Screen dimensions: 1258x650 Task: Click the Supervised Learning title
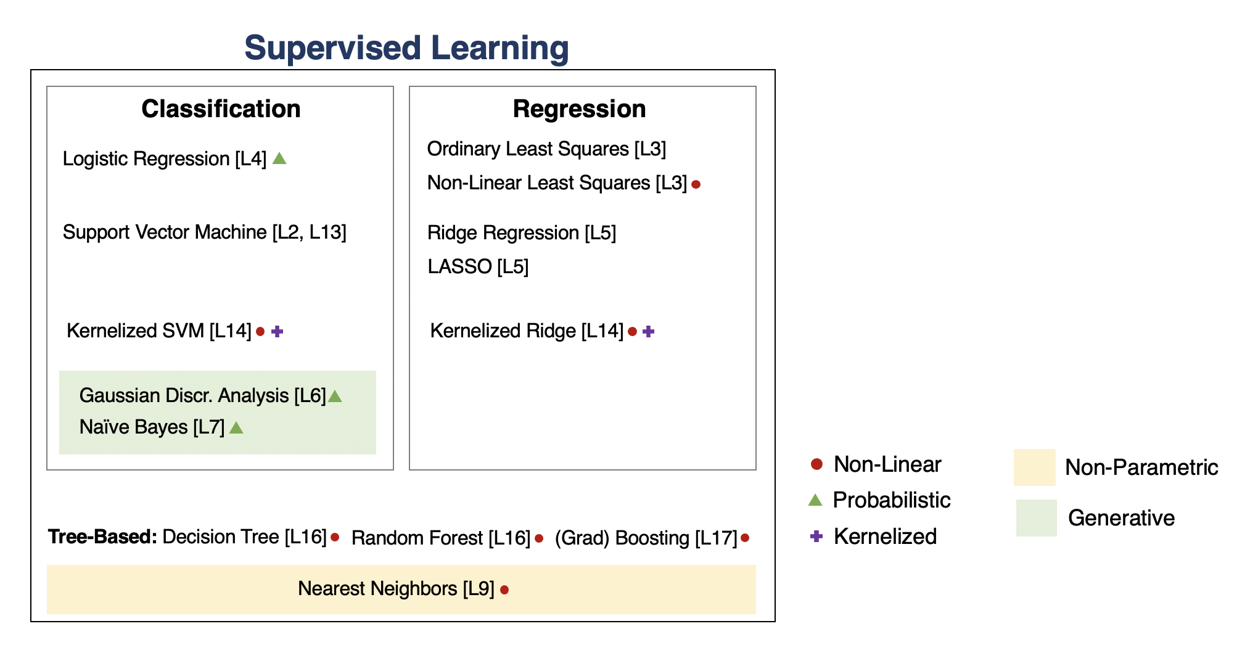[406, 48]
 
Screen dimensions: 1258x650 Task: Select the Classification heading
[221, 109]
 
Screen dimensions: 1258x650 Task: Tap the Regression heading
[579, 109]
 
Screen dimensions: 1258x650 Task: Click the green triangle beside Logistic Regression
[279, 158]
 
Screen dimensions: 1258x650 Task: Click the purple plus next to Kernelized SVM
[277, 331]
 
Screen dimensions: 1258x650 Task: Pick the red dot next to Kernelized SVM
[260, 332]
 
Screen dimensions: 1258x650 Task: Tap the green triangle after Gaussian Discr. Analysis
[335, 396]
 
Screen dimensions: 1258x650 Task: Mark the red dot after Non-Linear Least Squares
[696, 184]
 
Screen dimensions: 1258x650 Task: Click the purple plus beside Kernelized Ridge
[648, 331]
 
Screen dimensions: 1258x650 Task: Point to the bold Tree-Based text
[103, 537]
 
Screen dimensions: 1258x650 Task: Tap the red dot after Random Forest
[539, 538]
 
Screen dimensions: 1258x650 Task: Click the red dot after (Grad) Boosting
[745, 538]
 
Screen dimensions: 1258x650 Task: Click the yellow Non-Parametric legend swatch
[1035, 467]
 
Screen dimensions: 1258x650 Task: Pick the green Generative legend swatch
[1037, 518]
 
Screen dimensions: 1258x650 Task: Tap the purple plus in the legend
[816, 537]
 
